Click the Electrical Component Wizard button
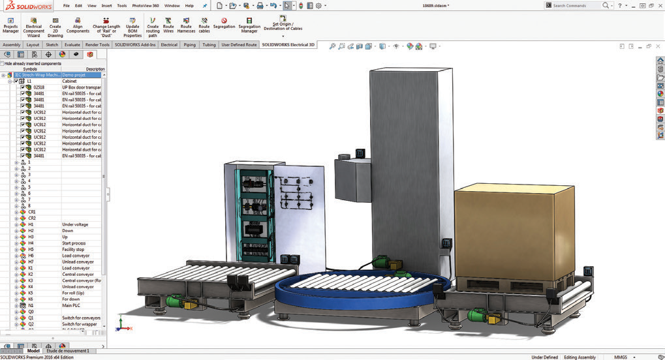point(33,26)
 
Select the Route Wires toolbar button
point(168,26)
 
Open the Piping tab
point(189,45)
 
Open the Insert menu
point(106,5)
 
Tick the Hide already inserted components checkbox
point(3,63)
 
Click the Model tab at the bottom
point(33,351)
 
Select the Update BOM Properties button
point(132,26)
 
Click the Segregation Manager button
point(249,26)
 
